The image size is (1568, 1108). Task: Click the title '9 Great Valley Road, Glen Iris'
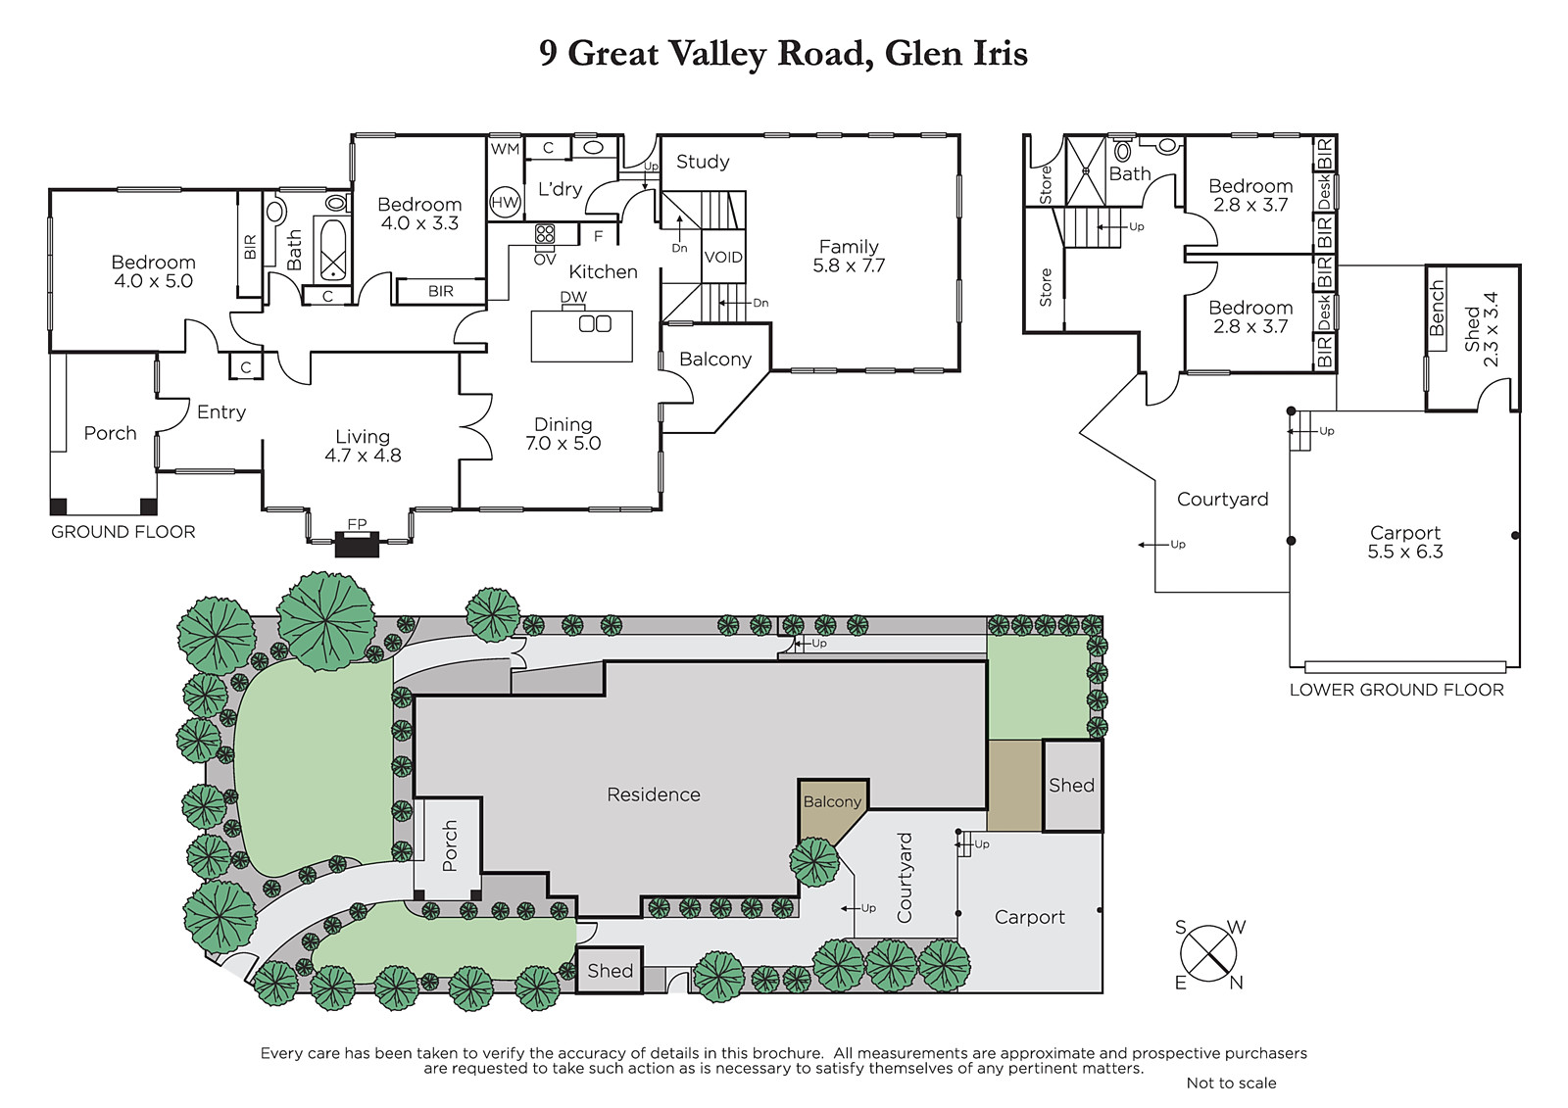click(x=783, y=54)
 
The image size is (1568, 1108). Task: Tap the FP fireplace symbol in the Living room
click(x=357, y=544)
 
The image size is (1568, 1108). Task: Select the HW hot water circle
click(x=505, y=203)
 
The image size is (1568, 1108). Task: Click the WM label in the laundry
click(x=505, y=148)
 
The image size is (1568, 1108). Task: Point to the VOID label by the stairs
click(x=723, y=257)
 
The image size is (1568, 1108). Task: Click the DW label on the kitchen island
click(x=573, y=297)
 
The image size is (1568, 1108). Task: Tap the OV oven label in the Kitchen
click(x=545, y=260)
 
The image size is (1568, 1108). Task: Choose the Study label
click(x=703, y=162)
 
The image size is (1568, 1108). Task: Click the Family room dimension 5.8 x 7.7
click(x=849, y=265)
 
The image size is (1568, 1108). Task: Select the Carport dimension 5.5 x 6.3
click(x=1405, y=552)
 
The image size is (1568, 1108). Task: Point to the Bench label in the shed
click(x=1437, y=308)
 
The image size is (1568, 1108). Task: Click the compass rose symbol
click(x=1208, y=953)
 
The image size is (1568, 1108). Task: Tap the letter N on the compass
click(x=1236, y=983)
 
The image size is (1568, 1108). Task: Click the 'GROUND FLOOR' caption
click(x=123, y=532)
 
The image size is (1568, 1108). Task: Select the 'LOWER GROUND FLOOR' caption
click(x=1396, y=690)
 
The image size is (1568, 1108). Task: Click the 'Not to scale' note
click(x=1231, y=1083)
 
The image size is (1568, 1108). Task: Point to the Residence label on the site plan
click(x=653, y=795)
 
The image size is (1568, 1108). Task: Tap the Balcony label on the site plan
click(x=832, y=801)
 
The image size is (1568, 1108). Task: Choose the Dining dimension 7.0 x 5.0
click(x=563, y=443)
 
